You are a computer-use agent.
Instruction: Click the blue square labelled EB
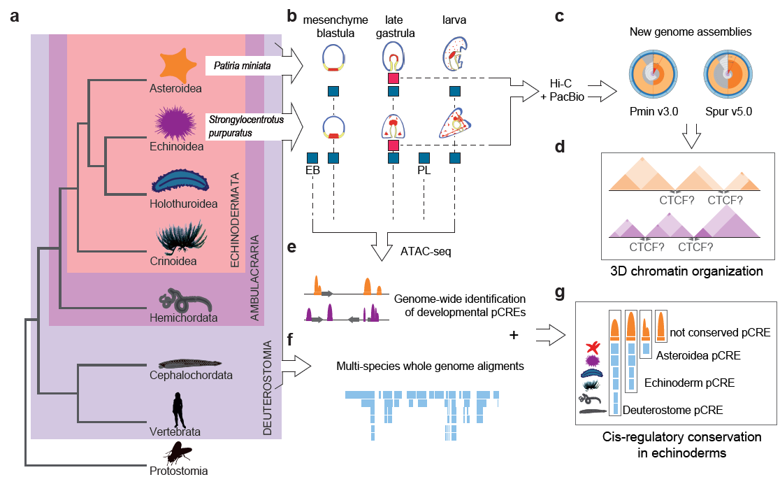pos(312,158)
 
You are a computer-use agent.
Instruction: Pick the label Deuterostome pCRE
pos(672,411)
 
